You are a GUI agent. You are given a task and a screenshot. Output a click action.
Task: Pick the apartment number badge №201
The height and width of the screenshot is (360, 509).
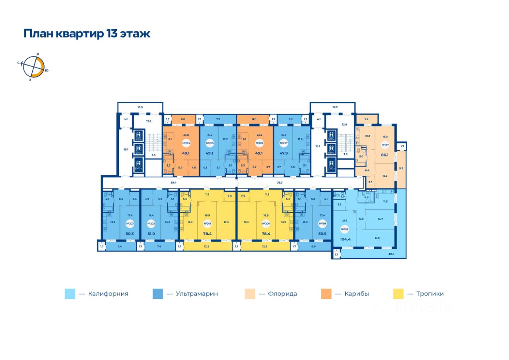click(x=207, y=224)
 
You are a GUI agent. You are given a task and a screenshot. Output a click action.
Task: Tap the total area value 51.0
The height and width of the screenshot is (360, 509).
click(x=151, y=234)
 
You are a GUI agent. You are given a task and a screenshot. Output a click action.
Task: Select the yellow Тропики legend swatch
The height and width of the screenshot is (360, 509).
click(x=398, y=294)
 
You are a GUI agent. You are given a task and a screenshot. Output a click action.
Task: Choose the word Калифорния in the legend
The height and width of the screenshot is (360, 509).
click(x=108, y=294)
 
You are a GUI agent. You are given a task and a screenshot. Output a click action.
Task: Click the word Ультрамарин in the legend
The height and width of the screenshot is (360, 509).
click(x=197, y=294)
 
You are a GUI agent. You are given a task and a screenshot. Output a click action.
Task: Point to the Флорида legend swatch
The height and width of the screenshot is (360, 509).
click(x=250, y=294)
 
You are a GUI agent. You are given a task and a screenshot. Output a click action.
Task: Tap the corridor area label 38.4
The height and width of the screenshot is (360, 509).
click(x=173, y=183)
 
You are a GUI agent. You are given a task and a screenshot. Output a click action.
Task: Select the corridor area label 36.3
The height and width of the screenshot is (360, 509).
click(x=280, y=183)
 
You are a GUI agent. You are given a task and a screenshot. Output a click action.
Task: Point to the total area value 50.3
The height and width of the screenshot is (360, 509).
click(x=129, y=234)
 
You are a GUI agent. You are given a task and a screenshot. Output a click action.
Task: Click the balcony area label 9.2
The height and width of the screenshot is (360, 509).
click(x=401, y=168)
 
